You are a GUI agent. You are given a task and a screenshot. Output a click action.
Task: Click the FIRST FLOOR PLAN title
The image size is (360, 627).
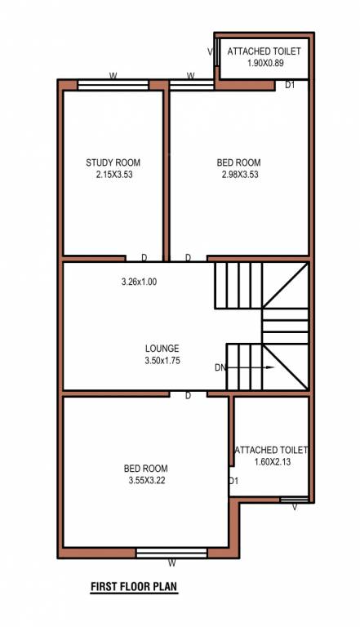tap(134, 585)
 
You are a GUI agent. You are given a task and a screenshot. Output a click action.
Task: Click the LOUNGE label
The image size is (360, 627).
tap(162, 348)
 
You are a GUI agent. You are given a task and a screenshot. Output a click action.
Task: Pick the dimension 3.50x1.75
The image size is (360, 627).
tap(162, 359)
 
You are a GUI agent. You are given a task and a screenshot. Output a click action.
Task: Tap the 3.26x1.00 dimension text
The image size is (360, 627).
tap(138, 282)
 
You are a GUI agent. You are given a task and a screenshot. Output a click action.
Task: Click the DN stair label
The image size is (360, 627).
tap(220, 368)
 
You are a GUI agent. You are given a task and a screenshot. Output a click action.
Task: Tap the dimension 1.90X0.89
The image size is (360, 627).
tap(264, 63)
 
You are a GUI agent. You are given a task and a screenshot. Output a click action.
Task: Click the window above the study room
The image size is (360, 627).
tap(113, 84)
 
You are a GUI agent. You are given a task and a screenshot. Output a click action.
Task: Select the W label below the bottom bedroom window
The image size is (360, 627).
tap(171, 563)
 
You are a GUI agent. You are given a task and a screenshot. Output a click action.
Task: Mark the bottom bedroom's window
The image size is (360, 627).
tap(171, 553)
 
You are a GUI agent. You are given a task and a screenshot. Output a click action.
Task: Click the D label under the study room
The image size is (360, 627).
tap(144, 258)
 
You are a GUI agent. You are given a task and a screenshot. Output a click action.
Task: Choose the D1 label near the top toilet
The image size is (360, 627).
tap(291, 84)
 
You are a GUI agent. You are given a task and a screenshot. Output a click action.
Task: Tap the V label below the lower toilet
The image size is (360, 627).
tap(295, 508)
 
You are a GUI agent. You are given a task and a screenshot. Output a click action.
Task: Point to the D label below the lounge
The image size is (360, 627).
tap(188, 396)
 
